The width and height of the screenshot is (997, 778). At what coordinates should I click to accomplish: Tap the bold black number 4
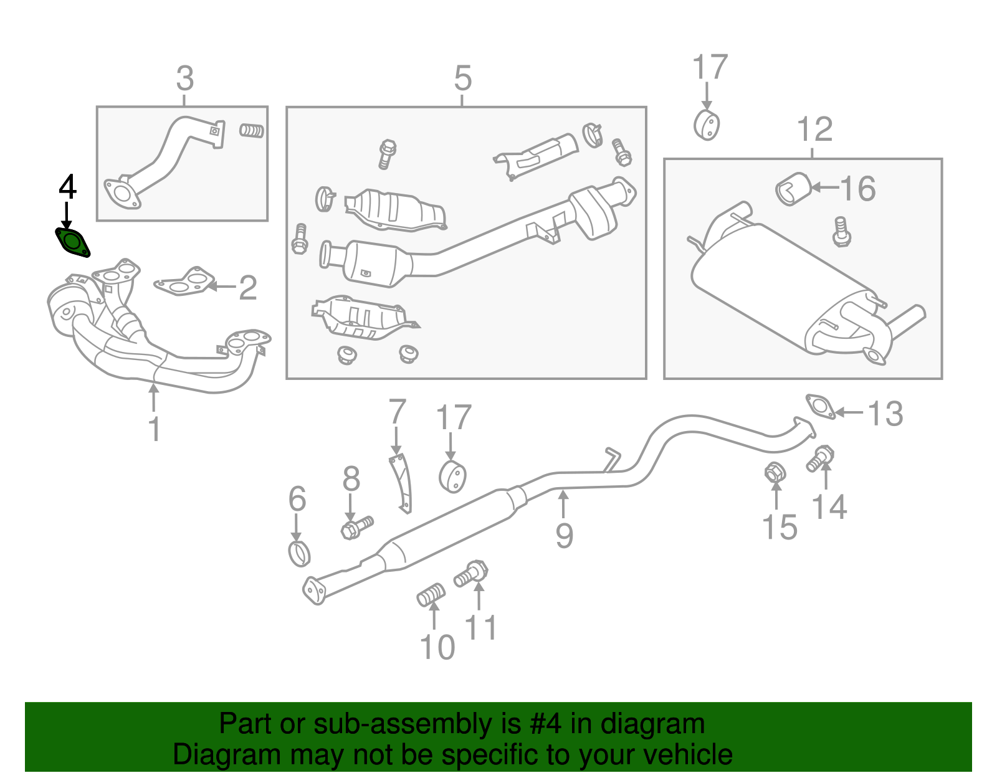pos(67,187)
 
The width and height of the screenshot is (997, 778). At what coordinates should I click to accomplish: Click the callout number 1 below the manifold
pos(154,429)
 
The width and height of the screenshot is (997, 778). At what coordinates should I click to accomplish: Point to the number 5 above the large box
pos(462,78)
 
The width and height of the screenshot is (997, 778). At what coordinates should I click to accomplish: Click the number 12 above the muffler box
pos(814,130)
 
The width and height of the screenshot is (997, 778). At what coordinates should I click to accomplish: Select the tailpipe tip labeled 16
pos(793,189)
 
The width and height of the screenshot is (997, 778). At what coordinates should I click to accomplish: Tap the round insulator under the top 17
pos(707,125)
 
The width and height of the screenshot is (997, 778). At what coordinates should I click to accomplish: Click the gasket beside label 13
pos(820,407)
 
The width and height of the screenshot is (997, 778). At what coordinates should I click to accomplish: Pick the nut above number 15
pos(775,473)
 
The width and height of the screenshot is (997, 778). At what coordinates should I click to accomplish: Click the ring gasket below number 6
pos(300,553)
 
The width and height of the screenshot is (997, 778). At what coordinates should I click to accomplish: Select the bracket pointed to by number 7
pos(401,483)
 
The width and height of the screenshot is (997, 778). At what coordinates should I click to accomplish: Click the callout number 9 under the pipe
pos(564,536)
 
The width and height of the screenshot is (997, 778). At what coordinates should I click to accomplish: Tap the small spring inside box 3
pos(252,131)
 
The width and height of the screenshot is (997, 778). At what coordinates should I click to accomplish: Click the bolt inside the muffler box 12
pos(841,232)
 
